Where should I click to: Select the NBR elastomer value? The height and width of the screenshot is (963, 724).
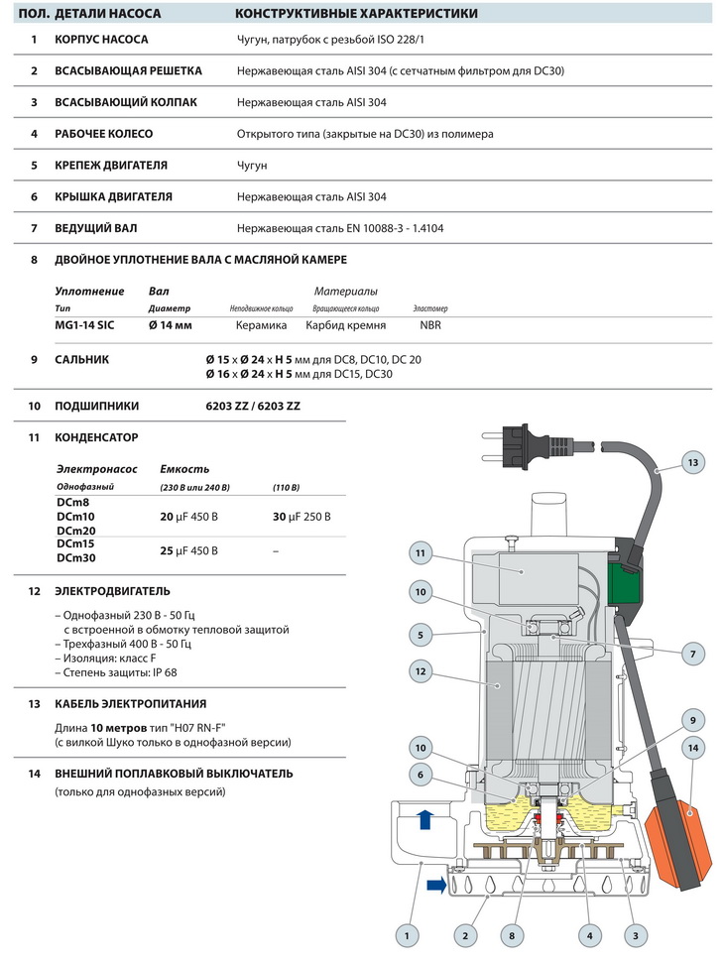pyautogui.click(x=430, y=325)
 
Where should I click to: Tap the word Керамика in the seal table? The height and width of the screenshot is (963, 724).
pyautogui.click(x=261, y=325)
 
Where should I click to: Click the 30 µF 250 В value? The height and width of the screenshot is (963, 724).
pyautogui.click(x=302, y=517)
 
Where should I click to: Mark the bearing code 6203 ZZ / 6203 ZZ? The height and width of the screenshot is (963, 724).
pyautogui.click(x=252, y=406)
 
